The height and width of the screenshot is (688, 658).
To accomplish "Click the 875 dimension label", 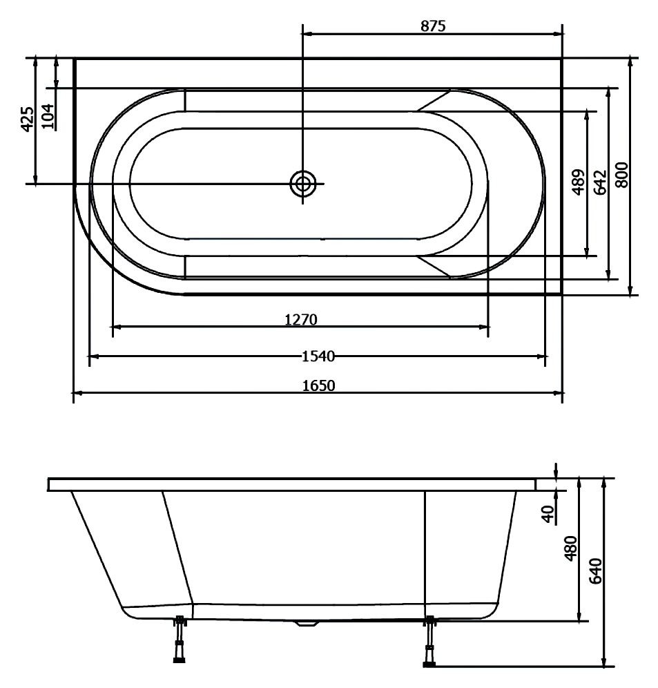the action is click(x=433, y=26).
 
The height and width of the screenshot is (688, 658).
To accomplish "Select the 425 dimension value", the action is click(x=27, y=119).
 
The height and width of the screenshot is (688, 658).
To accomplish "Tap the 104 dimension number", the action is click(x=48, y=116).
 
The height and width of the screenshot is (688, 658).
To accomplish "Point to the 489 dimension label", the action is click(x=579, y=182).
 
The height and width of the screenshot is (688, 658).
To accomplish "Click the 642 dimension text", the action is click(x=600, y=182).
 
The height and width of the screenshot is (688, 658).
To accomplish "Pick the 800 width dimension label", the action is click(x=621, y=175).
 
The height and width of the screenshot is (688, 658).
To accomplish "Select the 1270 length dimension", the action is click(x=301, y=319).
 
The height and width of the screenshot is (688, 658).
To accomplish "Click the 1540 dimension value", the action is click(x=318, y=356).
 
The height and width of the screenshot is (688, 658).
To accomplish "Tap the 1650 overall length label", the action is click(x=319, y=385).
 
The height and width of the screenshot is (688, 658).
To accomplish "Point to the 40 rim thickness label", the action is click(x=548, y=514).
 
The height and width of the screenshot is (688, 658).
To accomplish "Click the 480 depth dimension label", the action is click(x=571, y=548).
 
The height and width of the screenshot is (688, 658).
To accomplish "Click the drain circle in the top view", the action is click(x=303, y=184).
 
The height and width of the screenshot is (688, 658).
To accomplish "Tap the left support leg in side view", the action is click(x=180, y=639).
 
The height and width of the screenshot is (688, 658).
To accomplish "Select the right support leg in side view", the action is click(x=430, y=642).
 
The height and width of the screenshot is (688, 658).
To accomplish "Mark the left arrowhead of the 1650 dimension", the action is click(x=77, y=393).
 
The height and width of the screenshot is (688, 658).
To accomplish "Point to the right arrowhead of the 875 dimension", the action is click(x=558, y=33).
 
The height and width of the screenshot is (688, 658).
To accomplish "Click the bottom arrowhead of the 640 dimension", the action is click(x=604, y=662).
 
